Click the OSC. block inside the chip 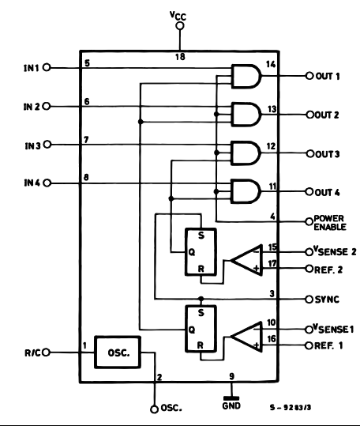pos(118,352)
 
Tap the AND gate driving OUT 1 pos(246,77)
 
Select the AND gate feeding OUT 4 pos(246,191)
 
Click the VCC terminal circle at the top pos(180,26)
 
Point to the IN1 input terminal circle pos(47,67)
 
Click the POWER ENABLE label pos(330,223)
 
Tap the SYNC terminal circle pos(309,300)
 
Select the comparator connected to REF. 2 pos(247,260)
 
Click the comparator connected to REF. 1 pos(247,337)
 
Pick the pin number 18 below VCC pos(180,57)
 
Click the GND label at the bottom pos(231,405)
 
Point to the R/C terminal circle pos(47,352)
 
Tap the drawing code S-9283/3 pos(291,407)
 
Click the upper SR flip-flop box pos(201,252)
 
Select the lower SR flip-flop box pos(201,329)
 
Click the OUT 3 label pos(328,154)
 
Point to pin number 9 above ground pos(231,376)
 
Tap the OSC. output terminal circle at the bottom pos(154,409)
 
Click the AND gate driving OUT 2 pos(246,115)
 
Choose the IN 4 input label pos(32,183)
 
